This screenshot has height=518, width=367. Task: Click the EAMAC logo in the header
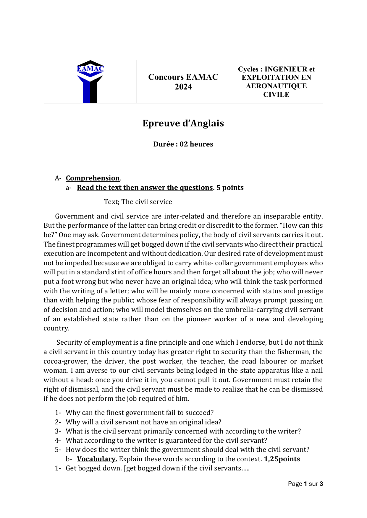click(x=90, y=82)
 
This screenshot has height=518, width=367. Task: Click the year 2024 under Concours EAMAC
click(x=183, y=87)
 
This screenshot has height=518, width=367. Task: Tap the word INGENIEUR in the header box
click(x=286, y=69)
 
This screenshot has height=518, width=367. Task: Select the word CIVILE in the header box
click(x=276, y=95)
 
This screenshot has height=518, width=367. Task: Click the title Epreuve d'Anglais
click(x=183, y=123)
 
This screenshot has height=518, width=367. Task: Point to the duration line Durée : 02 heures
click(x=183, y=144)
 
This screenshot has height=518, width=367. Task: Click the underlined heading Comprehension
click(x=93, y=178)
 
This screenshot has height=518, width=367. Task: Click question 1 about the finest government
click(x=139, y=413)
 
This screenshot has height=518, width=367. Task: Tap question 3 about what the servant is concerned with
click(x=183, y=431)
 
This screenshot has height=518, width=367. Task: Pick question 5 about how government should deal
click(x=187, y=449)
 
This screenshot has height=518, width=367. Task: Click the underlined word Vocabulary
click(x=97, y=459)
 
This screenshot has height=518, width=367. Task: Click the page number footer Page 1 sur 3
click(x=305, y=484)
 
